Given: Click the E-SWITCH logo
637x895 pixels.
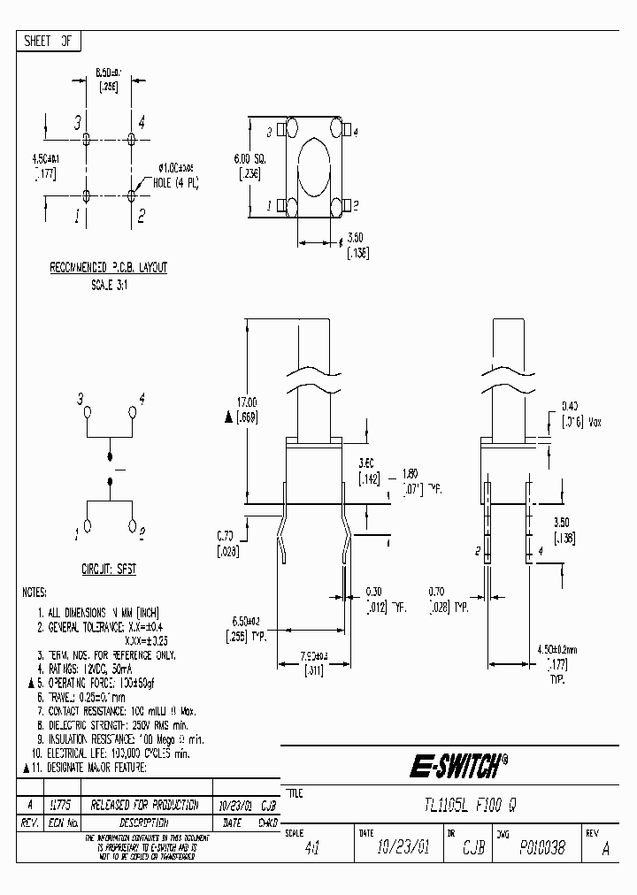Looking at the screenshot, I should (461, 763).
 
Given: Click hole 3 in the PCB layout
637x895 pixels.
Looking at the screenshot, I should (87, 139).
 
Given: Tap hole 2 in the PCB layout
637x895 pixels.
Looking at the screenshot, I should (132, 195).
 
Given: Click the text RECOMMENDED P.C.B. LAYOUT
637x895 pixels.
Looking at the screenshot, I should (108, 267).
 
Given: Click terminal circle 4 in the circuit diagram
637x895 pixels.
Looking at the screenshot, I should (134, 412).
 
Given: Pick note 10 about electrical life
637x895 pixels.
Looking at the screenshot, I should (115, 754).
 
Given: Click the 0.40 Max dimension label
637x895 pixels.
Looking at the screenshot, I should (579, 415).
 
